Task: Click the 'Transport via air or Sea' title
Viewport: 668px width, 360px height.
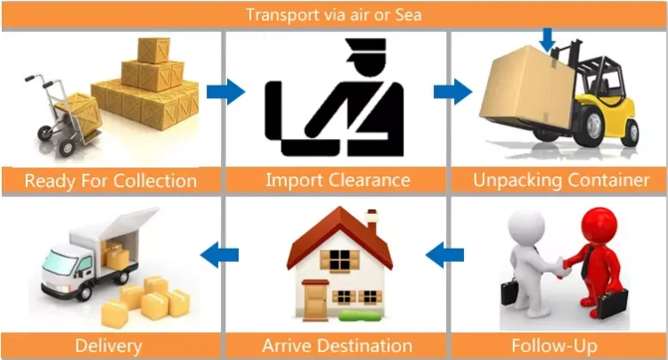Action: coord(334,15)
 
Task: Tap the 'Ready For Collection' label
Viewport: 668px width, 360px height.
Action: coord(110,181)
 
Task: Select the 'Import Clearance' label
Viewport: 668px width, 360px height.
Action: coord(338,180)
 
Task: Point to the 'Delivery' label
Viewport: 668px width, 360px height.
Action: coord(109,345)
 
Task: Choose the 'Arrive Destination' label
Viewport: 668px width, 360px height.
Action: coord(337,345)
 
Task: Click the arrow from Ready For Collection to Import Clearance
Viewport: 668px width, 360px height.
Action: coord(224,91)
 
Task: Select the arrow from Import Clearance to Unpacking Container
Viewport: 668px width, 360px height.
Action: coord(452,91)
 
